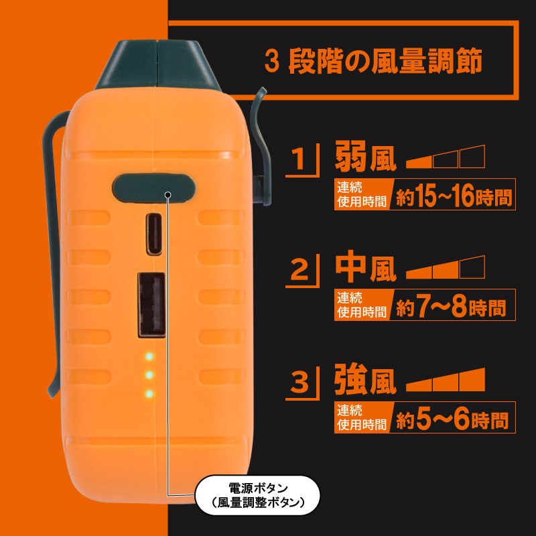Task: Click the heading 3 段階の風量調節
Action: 373,61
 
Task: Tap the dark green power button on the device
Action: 154,188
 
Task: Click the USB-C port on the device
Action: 154,234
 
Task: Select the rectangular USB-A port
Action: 151,305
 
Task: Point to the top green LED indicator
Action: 149,356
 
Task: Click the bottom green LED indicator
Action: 149,394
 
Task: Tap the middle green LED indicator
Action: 149,375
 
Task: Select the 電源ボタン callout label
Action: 257,495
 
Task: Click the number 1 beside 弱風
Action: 299,159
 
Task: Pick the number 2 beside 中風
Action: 299,270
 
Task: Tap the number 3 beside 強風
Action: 299,382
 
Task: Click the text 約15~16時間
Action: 454,196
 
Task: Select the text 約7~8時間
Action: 450,307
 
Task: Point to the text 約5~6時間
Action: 452,419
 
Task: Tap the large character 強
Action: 351,379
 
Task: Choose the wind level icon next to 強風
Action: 446,379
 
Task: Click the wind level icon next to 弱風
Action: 446,157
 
